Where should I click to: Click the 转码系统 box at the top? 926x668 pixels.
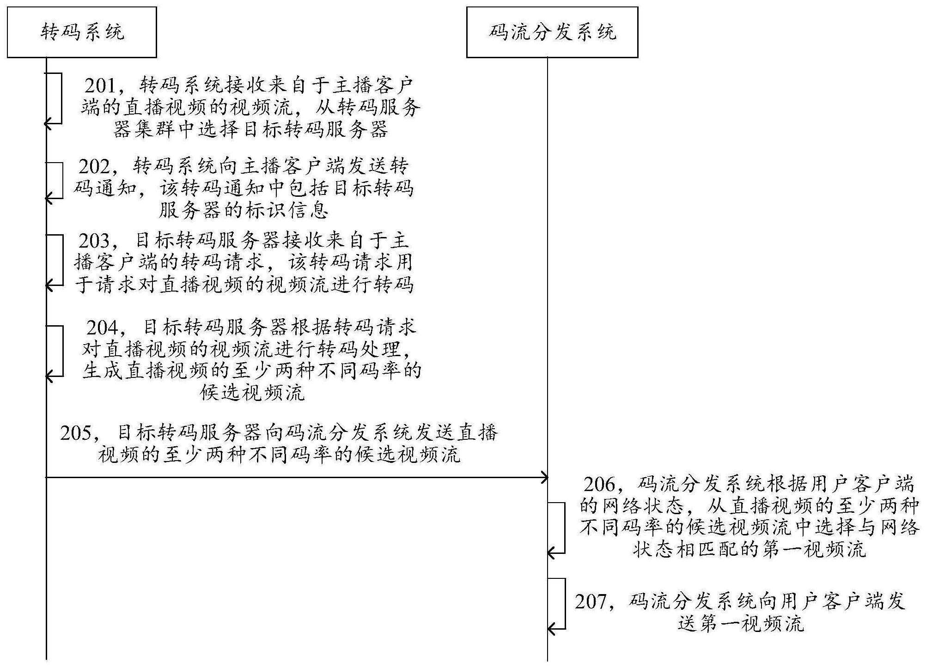coord(82,32)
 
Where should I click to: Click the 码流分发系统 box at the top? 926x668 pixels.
coord(552,32)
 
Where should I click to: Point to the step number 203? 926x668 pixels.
coord(94,241)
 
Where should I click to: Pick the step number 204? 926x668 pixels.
coord(102,328)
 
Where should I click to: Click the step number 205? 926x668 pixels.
coord(76,433)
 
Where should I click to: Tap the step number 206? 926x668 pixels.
coord(599,484)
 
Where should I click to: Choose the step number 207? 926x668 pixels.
coord(591,601)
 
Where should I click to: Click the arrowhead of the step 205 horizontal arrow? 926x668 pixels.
coord(545,477)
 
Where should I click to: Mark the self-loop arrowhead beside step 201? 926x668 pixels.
coord(48,123)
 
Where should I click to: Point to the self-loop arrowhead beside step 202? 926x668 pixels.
coord(48,199)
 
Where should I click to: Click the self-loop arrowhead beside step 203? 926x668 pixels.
coord(48,286)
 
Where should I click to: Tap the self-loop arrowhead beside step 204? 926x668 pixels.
coord(48,377)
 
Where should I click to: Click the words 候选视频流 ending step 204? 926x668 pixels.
coord(252,393)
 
